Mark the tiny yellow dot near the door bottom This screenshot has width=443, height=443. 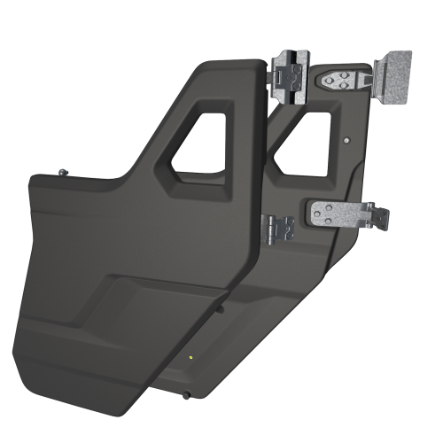(x=192, y=357)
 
